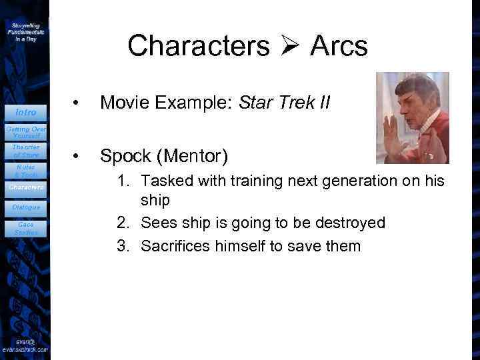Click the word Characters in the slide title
199,46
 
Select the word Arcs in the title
339,46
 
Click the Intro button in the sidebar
26,112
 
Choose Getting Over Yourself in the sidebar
25,131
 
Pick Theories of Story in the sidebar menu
25,151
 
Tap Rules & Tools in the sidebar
25,171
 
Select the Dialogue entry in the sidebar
26,207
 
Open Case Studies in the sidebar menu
25,229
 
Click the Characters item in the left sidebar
26,187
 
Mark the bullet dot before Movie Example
78,104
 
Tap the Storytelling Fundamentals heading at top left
25,31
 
